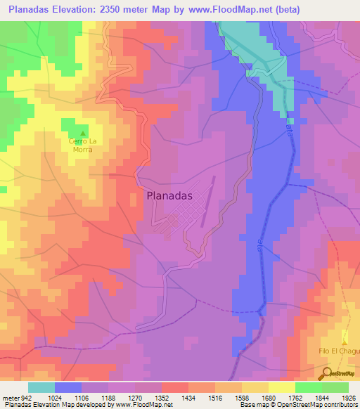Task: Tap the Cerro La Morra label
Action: [84, 145]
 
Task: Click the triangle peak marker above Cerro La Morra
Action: [84, 134]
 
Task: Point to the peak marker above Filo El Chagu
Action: [345, 339]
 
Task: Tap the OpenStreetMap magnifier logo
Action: [328, 372]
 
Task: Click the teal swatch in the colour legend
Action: [41, 387]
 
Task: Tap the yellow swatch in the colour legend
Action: [281, 387]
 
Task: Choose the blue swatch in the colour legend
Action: [68, 387]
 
